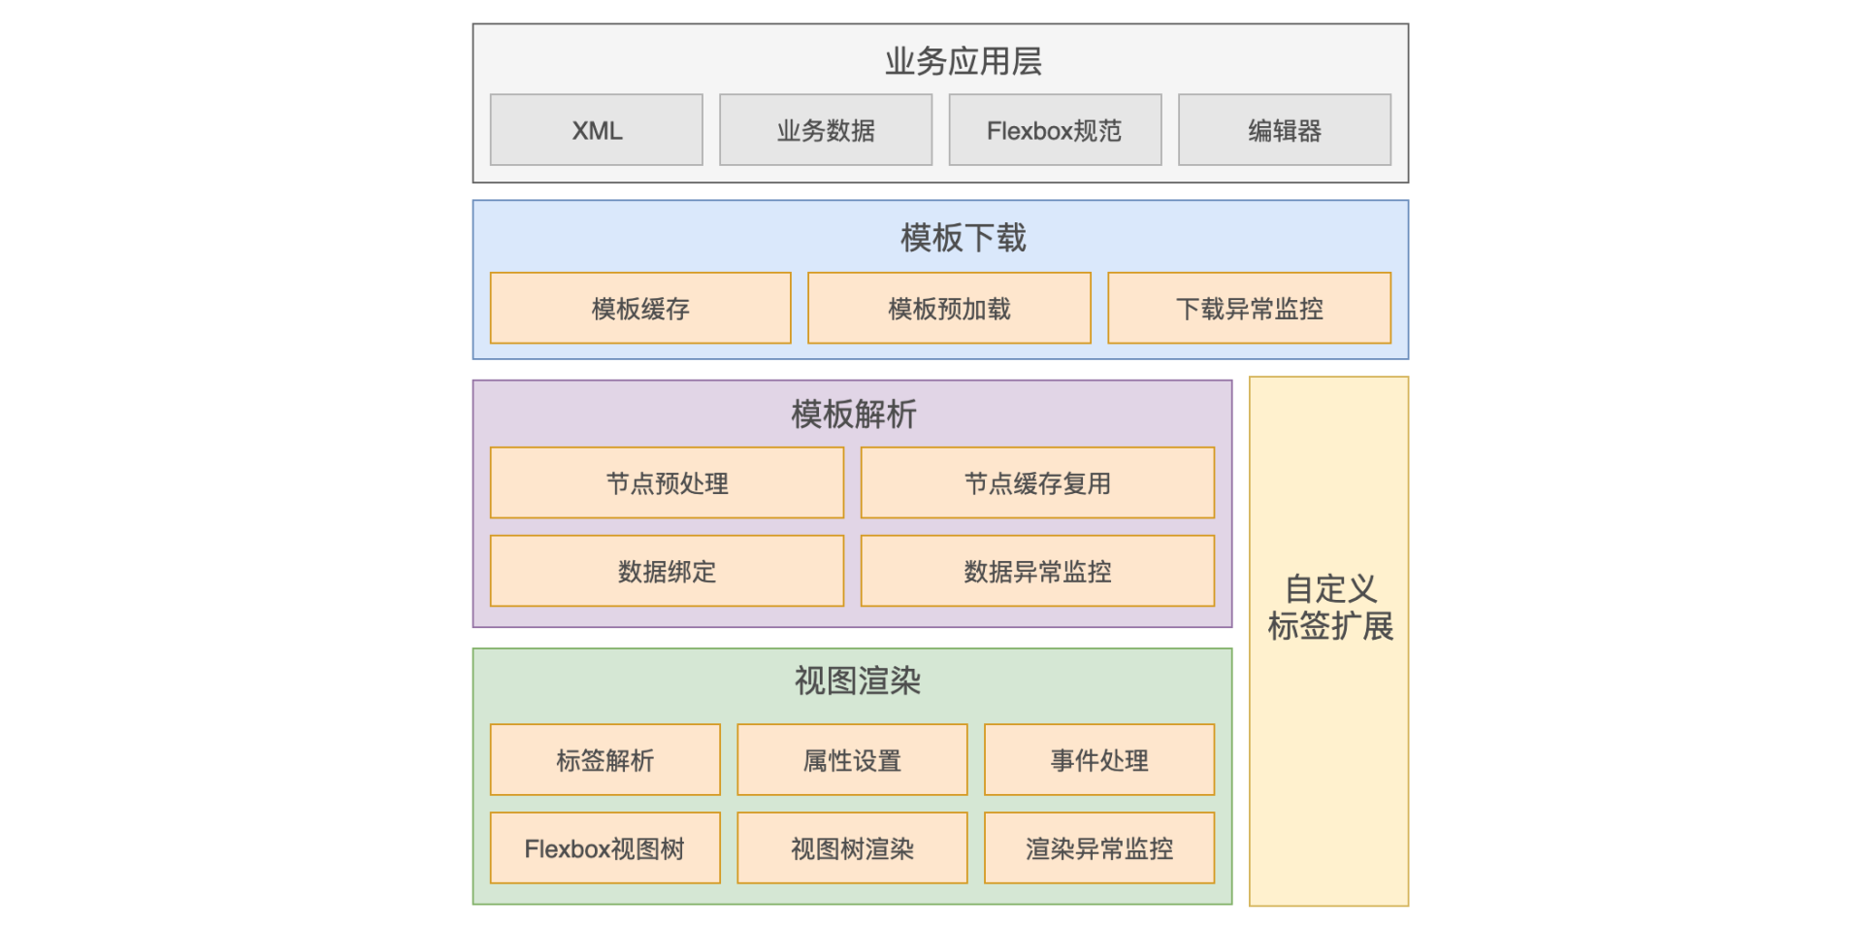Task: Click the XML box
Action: point(596,130)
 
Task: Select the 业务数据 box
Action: point(826,130)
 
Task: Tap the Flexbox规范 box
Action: point(1055,130)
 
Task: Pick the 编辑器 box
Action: point(1285,130)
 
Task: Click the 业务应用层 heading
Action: point(963,61)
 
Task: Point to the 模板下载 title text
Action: point(963,238)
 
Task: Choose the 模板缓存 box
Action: point(640,309)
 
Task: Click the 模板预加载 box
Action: point(949,309)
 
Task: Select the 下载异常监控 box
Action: point(1249,309)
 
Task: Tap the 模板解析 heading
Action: point(853,415)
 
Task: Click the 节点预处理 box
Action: point(667,483)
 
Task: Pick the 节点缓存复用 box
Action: point(1037,483)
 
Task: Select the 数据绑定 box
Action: point(667,572)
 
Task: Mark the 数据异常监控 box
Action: point(1037,572)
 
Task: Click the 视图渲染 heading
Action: point(857,680)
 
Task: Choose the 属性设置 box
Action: point(852,760)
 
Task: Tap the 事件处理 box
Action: point(1099,760)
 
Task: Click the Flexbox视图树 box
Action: point(605,848)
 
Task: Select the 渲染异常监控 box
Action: point(1099,848)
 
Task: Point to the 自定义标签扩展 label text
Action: point(1329,608)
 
